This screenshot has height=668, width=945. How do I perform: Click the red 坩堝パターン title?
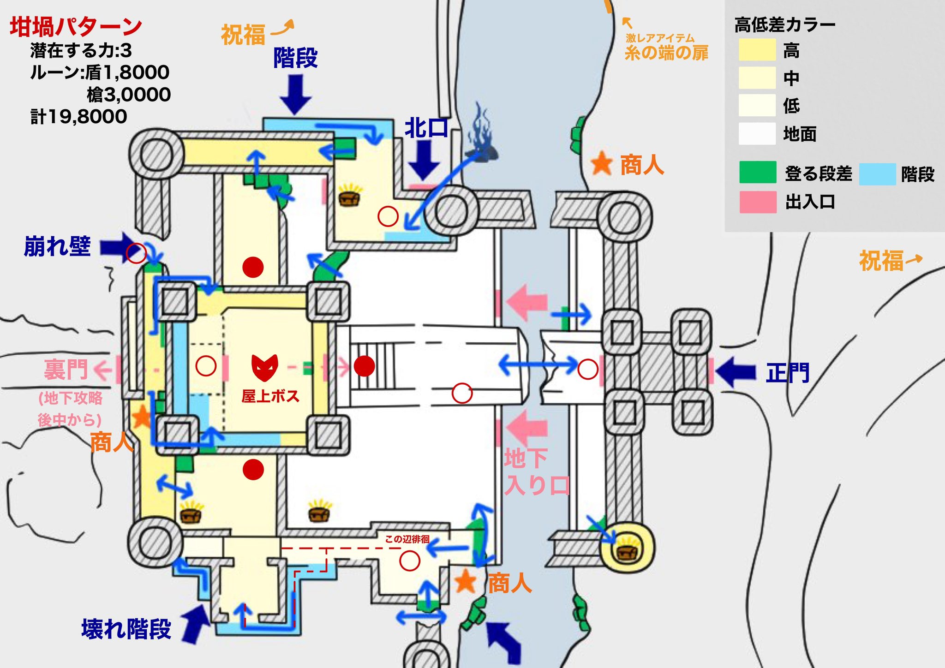[76, 27]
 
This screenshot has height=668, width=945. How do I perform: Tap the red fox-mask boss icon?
[264, 368]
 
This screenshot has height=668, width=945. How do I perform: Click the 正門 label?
[788, 373]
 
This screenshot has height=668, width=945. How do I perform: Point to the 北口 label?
[426, 128]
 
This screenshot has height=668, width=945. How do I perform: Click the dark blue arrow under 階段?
[295, 95]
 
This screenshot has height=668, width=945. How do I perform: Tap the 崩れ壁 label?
[57, 246]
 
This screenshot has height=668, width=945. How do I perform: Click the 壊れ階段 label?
[126, 629]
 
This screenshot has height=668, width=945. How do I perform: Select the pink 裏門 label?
[66, 370]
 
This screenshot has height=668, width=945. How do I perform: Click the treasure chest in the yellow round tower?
[627, 549]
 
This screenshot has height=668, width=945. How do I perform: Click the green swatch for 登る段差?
[758, 173]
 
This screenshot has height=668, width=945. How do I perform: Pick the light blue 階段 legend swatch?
[877, 174]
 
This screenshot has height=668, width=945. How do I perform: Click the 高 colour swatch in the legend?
[757, 50]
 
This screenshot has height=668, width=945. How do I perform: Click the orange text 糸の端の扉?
[666, 53]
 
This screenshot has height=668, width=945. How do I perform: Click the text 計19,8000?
[78, 117]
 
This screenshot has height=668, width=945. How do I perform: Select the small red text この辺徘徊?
[407, 539]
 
